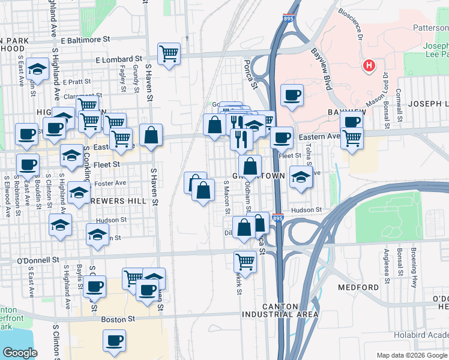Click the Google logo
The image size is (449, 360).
20,353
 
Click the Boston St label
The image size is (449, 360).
115,319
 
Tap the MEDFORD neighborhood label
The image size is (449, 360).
358,287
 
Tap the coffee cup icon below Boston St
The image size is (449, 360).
114,341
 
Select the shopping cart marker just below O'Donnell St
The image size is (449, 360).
245,261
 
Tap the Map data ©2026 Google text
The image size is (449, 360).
411,355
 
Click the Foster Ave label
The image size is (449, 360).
112,182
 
